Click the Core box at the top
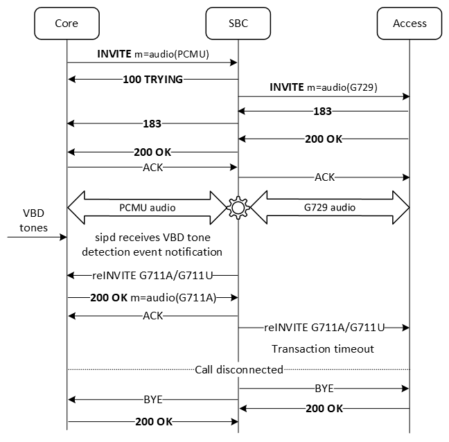pyautogui.click(x=67, y=23)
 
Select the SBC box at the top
pyautogui.click(x=238, y=23)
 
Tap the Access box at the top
pyautogui.click(x=410, y=23)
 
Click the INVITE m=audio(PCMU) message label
pyautogui.click(x=152, y=53)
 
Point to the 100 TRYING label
pyautogui.click(x=152, y=80)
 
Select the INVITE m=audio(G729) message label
pyautogui.click(x=324, y=87)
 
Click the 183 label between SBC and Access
pyautogui.click(x=322, y=112)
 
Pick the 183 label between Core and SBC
pyautogui.click(x=152, y=124)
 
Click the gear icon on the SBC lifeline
pyautogui.click(x=238, y=206)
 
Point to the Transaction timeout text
pyautogui.click(x=323, y=349)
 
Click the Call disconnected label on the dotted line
pyautogui.click(x=238, y=369)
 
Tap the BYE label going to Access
pyautogui.click(x=324, y=389)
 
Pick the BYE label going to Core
pyautogui.click(x=152, y=400)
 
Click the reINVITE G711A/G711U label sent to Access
pyautogui.click(x=324, y=326)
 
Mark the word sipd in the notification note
pyautogui.click(x=94, y=239)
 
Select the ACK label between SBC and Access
pyautogui.click(x=324, y=177)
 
